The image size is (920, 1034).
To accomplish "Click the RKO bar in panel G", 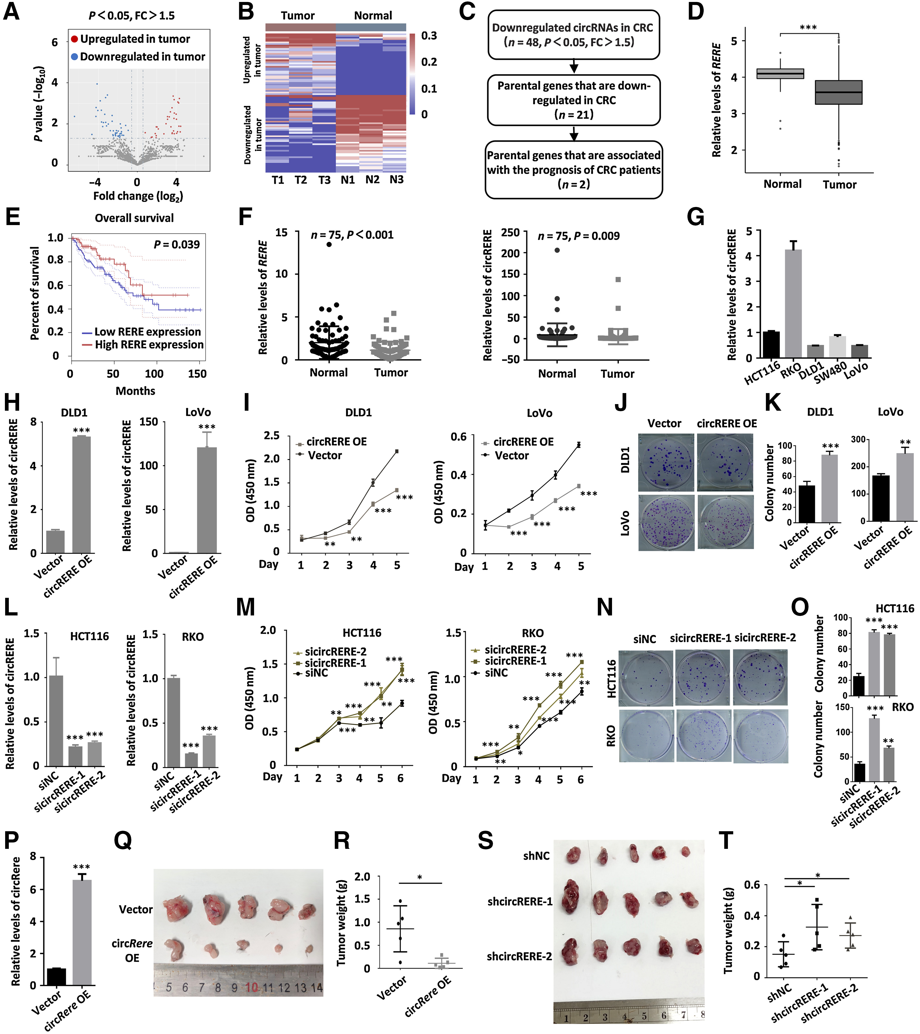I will coord(793,303).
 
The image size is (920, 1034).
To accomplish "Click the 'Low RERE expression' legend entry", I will coord(142,332).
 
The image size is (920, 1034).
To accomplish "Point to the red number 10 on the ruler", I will coord(252,987).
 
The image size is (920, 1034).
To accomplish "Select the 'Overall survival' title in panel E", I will coord(134,218).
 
